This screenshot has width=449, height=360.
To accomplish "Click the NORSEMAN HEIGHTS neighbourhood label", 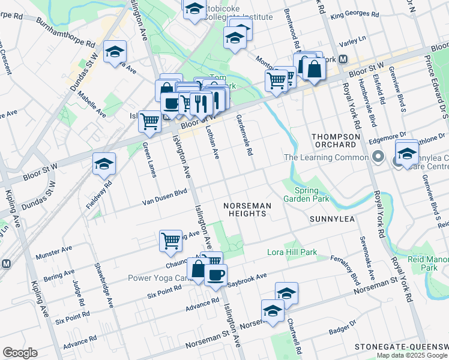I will click(247, 211).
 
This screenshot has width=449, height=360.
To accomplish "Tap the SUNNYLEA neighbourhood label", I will click(329, 220).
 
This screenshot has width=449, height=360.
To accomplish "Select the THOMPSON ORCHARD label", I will click(336, 141).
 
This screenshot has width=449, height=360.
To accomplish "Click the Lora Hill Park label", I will click(292, 253).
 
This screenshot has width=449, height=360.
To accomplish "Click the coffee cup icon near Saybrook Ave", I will click(215, 274).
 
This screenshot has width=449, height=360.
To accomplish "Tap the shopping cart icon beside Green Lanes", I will click(149, 121).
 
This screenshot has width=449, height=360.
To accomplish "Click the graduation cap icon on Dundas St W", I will click(115, 52).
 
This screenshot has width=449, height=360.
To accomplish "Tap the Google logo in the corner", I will click(20, 352).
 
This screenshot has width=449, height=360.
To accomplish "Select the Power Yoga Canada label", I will click(158, 278).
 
